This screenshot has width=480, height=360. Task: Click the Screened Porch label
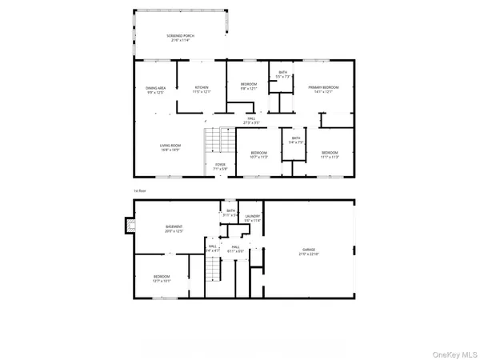click(180, 38)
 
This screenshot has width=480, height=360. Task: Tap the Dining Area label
click(155, 90)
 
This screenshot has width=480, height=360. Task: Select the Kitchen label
click(201, 90)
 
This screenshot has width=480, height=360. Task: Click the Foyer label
click(220, 166)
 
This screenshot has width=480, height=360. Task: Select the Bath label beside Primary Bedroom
click(282, 74)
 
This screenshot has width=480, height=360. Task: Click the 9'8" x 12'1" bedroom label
click(249, 86)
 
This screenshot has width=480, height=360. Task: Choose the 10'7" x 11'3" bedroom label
click(258, 154)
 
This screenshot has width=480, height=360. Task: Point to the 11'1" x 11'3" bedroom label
click(330, 154)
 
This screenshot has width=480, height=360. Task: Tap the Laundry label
click(253, 217)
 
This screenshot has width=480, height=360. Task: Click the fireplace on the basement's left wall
click(126, 227)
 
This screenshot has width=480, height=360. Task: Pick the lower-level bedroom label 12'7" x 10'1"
click(161, 280)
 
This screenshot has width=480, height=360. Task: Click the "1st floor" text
click(141, 190)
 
